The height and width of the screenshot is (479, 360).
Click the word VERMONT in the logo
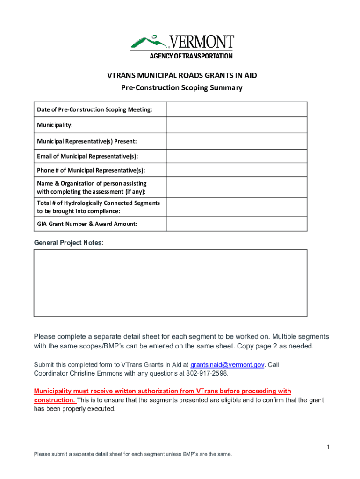(x=201, y=42)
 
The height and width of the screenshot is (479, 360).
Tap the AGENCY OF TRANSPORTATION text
(x=191, y=56)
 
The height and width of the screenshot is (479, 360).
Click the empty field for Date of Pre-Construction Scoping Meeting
(x=237, y=109)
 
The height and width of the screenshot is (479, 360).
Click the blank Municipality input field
(x=237, y=125)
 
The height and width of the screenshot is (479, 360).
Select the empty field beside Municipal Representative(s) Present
(x=237, y=141)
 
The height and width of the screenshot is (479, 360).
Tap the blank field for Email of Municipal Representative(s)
(x=237, y=156)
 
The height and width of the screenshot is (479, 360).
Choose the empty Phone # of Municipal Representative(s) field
(x=237, y=170)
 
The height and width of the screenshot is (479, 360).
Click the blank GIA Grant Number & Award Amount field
(x=237, y=224)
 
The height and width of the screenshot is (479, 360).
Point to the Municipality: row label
(x=55, y=125)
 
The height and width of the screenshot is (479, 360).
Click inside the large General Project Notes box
(x=170, y=283)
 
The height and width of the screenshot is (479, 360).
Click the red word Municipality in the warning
(x=53, y=391)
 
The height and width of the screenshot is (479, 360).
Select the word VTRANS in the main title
(x=122, y=75)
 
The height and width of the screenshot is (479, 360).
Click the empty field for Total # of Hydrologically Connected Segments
(x=237, y=207)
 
